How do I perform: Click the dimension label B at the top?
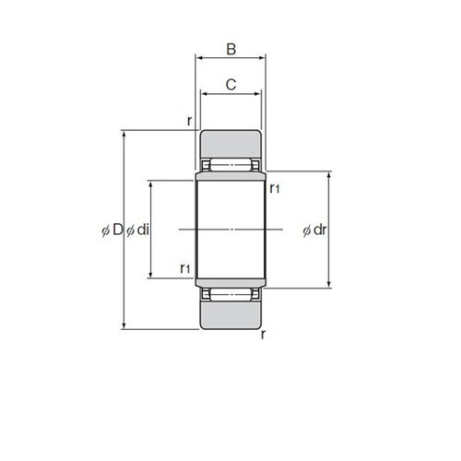pyautogui.click(x=231, y=49)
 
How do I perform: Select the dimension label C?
pyautogui.click(x=230, y=85)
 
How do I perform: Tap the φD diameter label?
pyautogui.click(x=112, y=230)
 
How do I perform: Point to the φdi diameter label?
pyautogui.click(x=138, y=230)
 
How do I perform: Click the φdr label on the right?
pyautogui.click(x=314, y=230)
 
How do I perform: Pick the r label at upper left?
pyautogui.click(x=190, y=121)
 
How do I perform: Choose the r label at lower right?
pyautogui.click(x=263, y=335)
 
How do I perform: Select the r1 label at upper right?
pyautogui.click(x=275, y=188)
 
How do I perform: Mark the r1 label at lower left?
pyautogui.click(x=185, y=268)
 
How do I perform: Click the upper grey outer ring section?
pyautogui.click(x=230, y=144)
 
